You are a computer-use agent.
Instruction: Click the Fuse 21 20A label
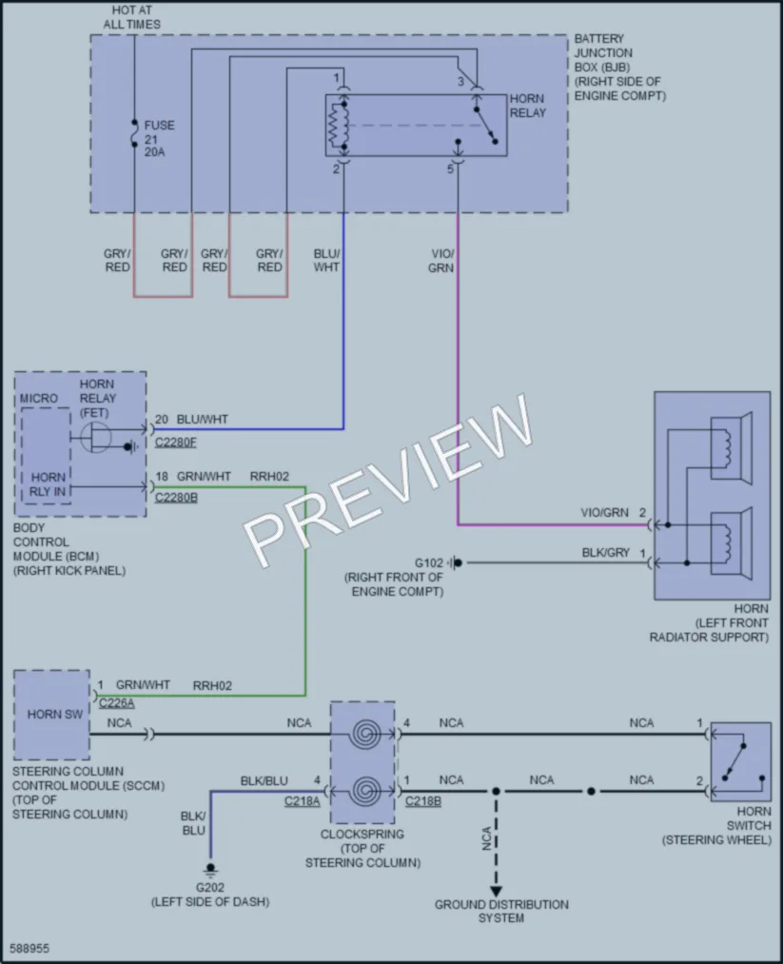(159, 138)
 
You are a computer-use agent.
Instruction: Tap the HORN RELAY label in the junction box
(527, 106)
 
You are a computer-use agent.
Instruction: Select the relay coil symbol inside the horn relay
(339, 125)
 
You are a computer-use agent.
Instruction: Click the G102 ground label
(428, 563)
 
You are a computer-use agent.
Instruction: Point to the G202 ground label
(210, 887)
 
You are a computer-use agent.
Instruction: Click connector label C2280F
(176, 443)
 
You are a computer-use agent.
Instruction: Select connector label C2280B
(176, 498)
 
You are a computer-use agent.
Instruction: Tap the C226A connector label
(116, 702)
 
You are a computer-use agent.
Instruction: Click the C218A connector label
(302, 801)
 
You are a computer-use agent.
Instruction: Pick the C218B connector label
(422, 801)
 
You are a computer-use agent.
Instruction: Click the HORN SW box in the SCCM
(51, 715)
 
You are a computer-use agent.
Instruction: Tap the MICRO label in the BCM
(38, 399)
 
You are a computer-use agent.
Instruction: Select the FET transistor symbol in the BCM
(95, 438)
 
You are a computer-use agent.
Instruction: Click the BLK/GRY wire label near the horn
(605, 553)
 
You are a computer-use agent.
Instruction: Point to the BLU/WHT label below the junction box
(326, 260)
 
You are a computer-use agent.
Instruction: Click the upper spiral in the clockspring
(366, 734)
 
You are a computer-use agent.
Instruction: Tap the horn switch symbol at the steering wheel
(740, 761)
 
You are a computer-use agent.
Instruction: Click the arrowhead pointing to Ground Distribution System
(496, 891)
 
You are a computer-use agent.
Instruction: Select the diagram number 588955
(29, 949)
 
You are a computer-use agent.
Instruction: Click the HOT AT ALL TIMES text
(131, 17)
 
